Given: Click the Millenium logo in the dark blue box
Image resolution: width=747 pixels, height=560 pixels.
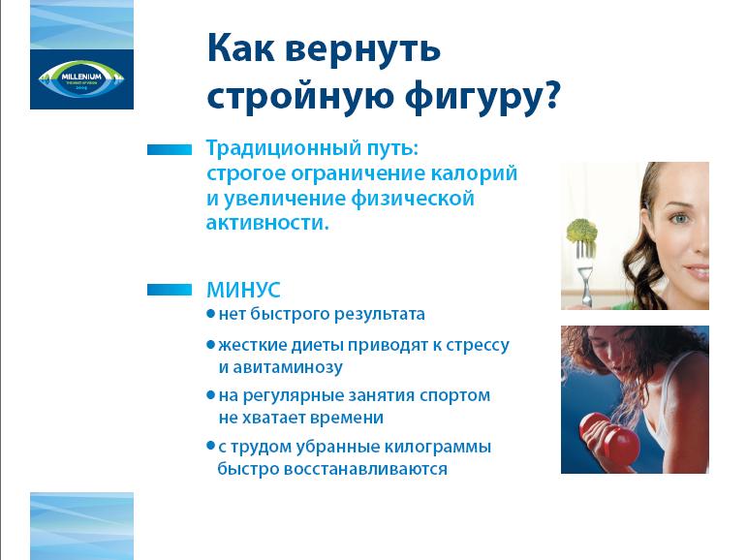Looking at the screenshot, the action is [81, 78].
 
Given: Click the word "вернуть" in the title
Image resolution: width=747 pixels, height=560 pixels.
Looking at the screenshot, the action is [362, 49].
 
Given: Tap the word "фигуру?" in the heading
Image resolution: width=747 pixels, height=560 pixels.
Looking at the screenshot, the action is [482, 97].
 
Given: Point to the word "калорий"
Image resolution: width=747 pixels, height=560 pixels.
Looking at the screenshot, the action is [474, 173].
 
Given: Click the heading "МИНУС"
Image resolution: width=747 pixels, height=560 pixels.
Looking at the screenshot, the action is [243, 290].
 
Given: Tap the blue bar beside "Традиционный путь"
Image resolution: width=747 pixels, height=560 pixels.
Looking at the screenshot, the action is [170, 149].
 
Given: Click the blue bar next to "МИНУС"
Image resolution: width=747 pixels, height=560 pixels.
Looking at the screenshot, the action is [170, 290].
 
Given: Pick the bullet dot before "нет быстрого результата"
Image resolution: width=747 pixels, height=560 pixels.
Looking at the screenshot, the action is [210, 314].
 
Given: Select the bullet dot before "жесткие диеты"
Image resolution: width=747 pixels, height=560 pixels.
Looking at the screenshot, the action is [210, 344].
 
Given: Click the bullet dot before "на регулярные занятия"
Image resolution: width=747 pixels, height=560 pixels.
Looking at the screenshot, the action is [210, 394].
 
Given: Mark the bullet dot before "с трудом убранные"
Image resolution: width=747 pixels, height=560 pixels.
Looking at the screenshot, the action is [210, 446].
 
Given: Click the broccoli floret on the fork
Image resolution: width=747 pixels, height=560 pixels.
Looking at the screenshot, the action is [581, 231].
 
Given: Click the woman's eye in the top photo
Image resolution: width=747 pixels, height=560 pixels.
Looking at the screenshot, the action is [680, 219].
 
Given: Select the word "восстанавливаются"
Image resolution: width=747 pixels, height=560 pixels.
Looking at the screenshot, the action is [365, 469].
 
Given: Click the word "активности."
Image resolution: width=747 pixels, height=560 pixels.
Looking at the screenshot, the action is [267, 223].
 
